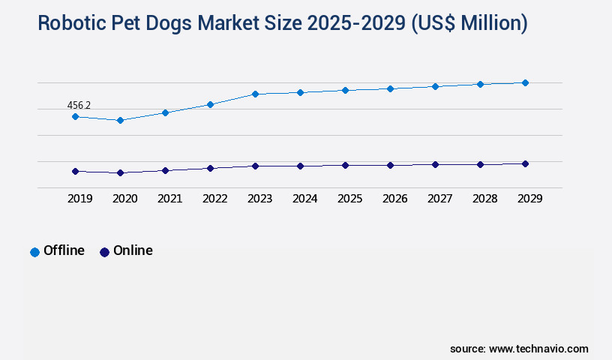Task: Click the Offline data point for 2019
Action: pos(75,116)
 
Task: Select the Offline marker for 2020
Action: pos(120,120)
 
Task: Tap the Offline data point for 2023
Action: pos(255,94)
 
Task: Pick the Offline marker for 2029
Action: pos(525,82)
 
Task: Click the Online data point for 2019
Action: pos(75,171)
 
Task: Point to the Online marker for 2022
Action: pos(210,168)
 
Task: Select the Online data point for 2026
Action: pos(390,165)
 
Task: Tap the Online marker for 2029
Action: pos(525,163)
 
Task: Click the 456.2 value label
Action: pos(79,106)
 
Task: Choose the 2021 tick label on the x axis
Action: pos(169,199)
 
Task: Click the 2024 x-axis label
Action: pos(304,199)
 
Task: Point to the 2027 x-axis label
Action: pos(439,199)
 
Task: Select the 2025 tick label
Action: pos(349,199)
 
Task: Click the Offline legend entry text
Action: pos(64,250)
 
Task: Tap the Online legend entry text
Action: pos(133,250)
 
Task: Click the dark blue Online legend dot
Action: pos(104,252)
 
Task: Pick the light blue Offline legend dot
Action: pos(34,252)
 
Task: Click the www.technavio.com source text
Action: pos(538,349)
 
